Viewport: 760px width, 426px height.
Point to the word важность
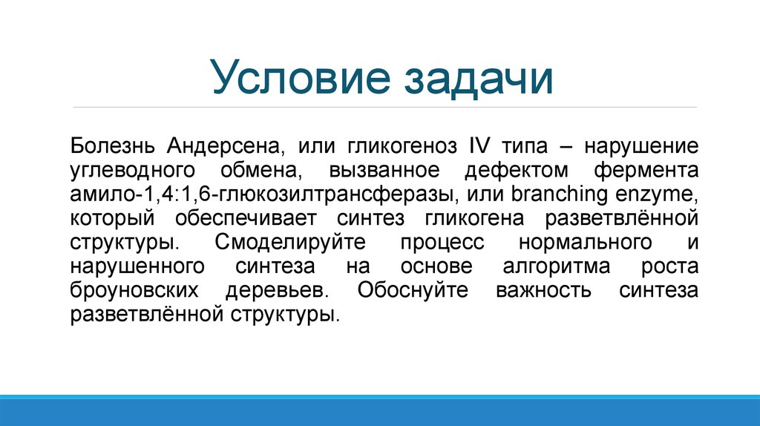(543, 290)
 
